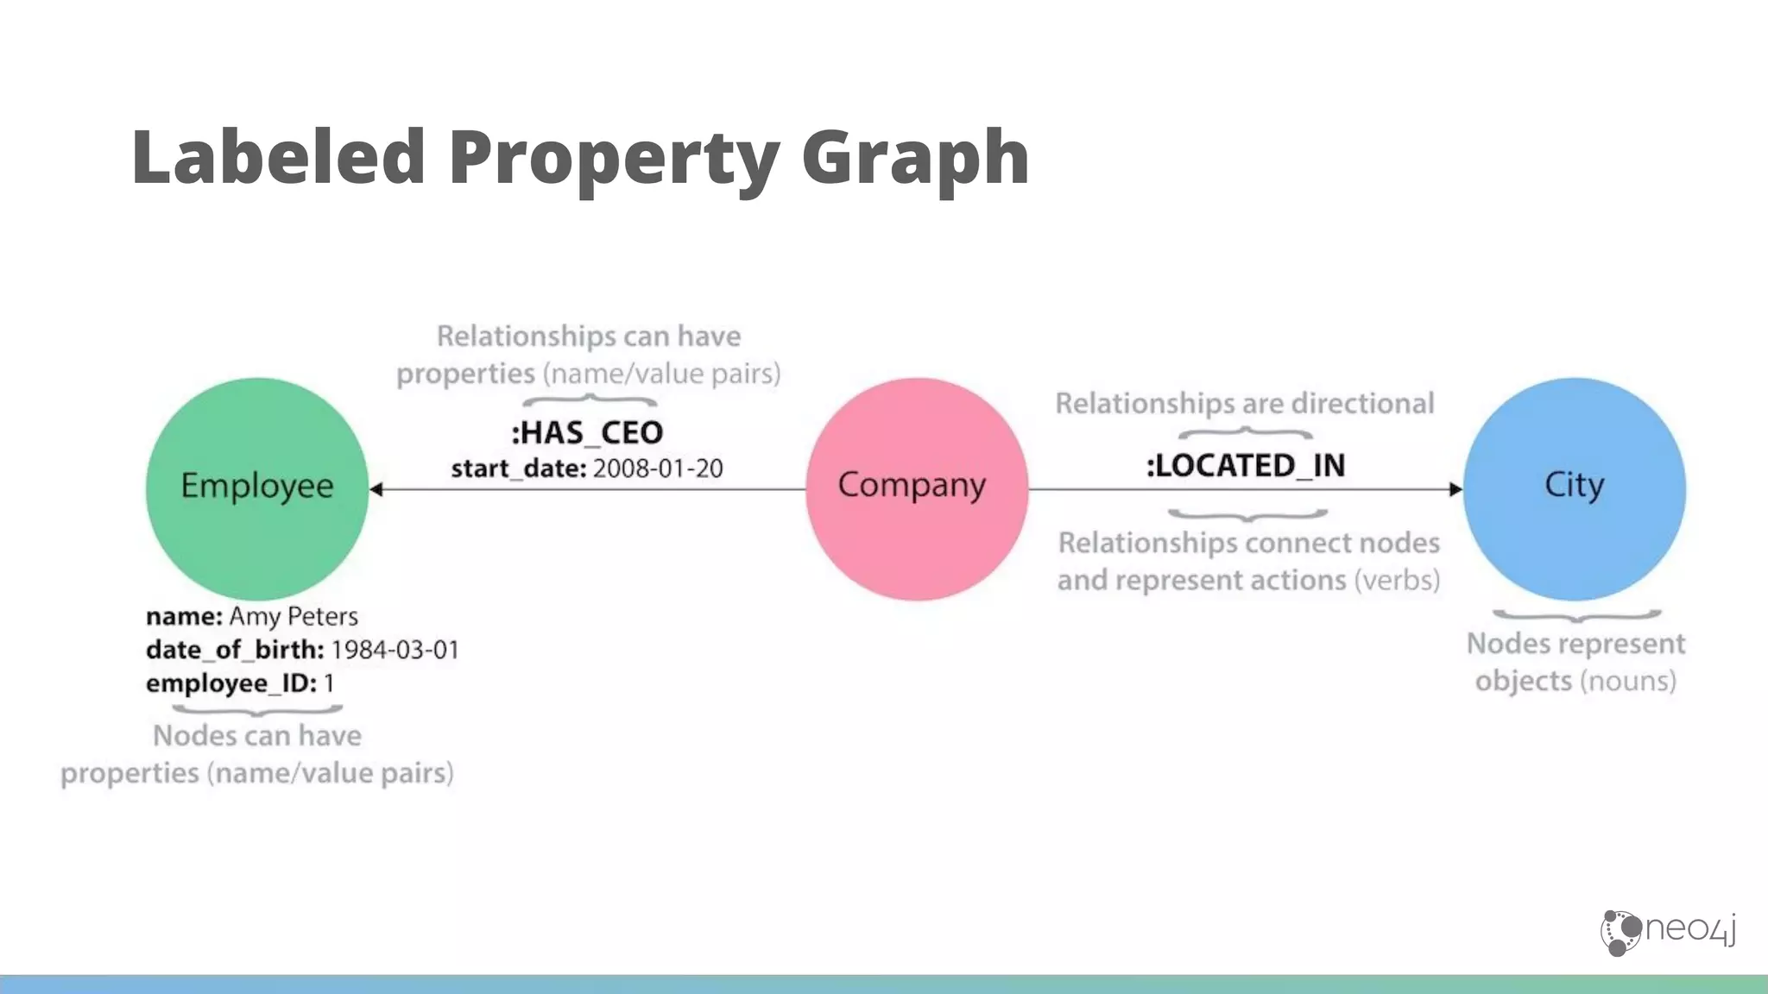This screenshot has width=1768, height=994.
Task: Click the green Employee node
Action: (x=256, y=488)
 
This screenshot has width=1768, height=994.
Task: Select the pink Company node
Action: (x=916, y=488)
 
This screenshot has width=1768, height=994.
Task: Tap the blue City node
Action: (x=1574, y=488)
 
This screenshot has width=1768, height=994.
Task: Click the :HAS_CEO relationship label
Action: (x=587, y=432)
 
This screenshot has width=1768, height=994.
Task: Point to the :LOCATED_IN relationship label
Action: (x=1245, y=466)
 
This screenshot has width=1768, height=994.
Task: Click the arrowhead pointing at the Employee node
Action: (x=376, y=489)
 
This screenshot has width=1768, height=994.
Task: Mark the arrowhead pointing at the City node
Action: (x=1455, y=489)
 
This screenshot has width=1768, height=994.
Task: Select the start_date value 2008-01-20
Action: (x=658, y=469)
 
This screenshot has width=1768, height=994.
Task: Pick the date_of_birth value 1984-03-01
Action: (x=395, y=650)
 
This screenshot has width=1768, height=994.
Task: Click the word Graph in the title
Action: (x=915, y=157)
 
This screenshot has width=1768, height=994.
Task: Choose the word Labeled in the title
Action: (x=278, y=157)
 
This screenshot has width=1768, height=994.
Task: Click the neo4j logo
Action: (x=1668, y=932)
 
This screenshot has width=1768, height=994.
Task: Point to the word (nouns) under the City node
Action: (x=1628, y=681)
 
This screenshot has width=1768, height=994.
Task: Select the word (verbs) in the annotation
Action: (x=1397, y=580)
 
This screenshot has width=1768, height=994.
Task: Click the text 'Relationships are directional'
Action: (x=1244, y=403)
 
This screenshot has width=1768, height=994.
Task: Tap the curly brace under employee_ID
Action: (x=257, y=710)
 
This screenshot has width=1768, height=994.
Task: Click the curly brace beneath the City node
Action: (x=1576, y=616)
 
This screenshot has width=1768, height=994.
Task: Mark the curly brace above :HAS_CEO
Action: (x=590, y=400)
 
